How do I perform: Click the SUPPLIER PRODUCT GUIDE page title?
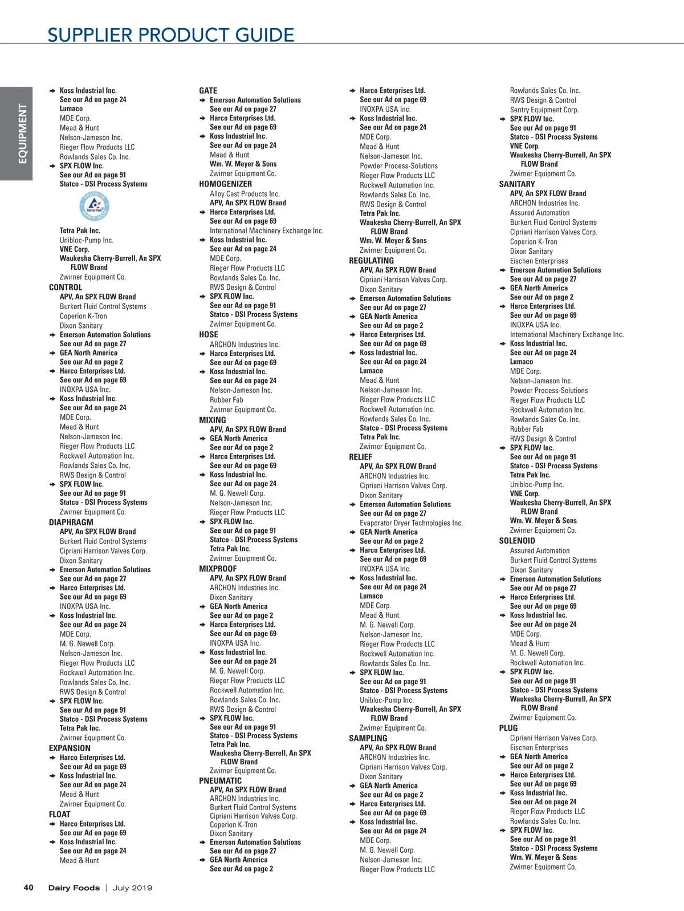(170, 35)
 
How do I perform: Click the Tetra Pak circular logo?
(94, 207)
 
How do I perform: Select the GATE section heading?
(208, 91)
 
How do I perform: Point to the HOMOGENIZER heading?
(225, 184)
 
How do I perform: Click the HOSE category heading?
(209, 335)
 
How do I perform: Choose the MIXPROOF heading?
(218, 569)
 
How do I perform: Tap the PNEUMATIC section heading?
(220, 781)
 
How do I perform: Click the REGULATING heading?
(371, 261)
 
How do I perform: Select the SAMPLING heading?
(368, 738)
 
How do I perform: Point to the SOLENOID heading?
(517, 541)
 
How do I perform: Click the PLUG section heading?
(508, 728)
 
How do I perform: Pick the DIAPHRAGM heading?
(71, 522)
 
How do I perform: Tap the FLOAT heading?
(60, 815)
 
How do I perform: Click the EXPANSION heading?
(70, 748)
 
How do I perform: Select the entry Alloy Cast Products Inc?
(245, 194)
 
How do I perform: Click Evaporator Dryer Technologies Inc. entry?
(411, 523)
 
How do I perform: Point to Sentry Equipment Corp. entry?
(544, 110)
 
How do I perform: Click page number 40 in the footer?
(28, 888)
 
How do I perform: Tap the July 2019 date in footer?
(132, 888)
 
